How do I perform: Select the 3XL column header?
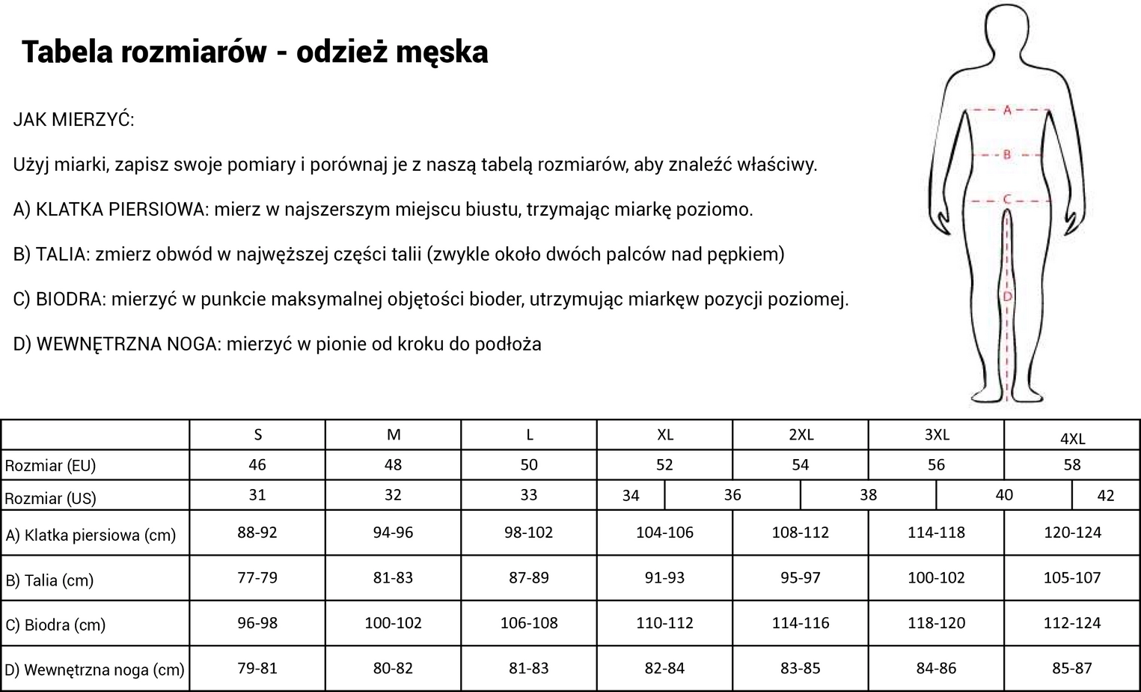click(x=936, y=434)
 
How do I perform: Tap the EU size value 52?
click(x=664, y=464)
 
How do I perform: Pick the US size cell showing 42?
click(x=1105, y=495)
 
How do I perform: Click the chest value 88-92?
click(x=257, y=532)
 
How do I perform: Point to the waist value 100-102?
click(x=936, y=577)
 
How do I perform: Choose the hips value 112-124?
click(x=1072, y=622)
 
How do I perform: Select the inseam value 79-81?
click(x=257, y=667)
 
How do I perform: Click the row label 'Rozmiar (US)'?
click(x=50, y=498)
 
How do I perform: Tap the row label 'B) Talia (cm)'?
click(x=49, y=580)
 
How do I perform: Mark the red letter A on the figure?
click(x=1007, y=110)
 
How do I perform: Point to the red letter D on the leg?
click(x=1007, y=297)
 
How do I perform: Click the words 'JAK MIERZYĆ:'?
click(x=73, y=120)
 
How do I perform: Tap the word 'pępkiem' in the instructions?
click(x=745, y=255)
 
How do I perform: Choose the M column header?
click(x=393, y=434)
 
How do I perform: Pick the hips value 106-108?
click(x=528, y=622)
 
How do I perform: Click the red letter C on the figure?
click(x=1007, y=200)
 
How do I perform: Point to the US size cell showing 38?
click(x=868, y=495)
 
